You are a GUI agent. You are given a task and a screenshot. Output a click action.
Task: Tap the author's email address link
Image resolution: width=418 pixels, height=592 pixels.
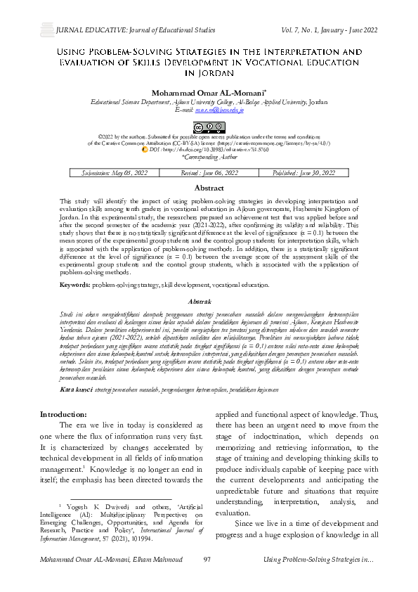click(218, 110)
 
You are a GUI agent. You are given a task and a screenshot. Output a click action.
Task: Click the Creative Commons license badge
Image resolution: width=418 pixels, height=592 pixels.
click(209, 127)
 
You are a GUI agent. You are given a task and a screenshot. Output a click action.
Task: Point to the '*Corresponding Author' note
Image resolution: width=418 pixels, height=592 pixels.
click(209, 158)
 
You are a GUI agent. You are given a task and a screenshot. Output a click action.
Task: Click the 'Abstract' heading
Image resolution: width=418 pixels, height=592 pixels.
click(209, 188)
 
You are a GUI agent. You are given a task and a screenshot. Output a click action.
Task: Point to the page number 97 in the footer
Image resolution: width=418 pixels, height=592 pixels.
click(207, 579)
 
